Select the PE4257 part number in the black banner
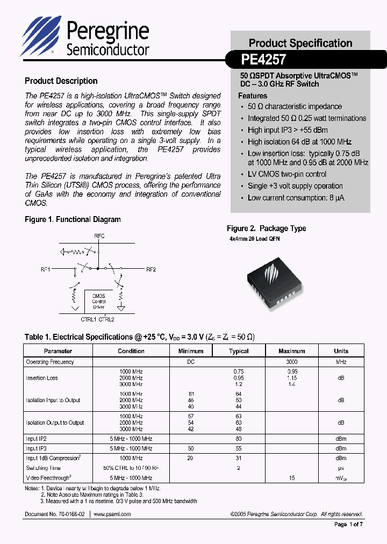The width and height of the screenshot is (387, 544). click(x=263, y=59)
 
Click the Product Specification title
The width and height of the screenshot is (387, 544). click(x=300, y=43)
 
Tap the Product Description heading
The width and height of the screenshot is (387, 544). click(x=61, y=81)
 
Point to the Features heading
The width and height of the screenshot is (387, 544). click(x=253, y=96)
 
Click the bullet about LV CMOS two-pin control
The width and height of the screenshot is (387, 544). click(x=287, y=174)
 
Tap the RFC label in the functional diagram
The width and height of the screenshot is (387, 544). click(x=99, y=236)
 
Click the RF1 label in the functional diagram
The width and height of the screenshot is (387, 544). click(x=45, y=269)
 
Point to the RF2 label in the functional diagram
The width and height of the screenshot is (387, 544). click(x=150, y=269)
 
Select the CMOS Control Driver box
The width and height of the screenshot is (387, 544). click(x=99, y=301)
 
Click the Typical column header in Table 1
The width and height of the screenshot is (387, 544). click(x=239, y=351)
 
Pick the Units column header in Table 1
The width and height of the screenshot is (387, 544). click(x=341, y=351)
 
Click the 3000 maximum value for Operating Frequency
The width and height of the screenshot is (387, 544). click(x=292, y=362)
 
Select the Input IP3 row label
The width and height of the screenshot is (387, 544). click(x=37, y=448)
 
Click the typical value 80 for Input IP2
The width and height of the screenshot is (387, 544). click(x=239, y=439)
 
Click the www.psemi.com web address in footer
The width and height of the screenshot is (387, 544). click(x=112, y=514)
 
